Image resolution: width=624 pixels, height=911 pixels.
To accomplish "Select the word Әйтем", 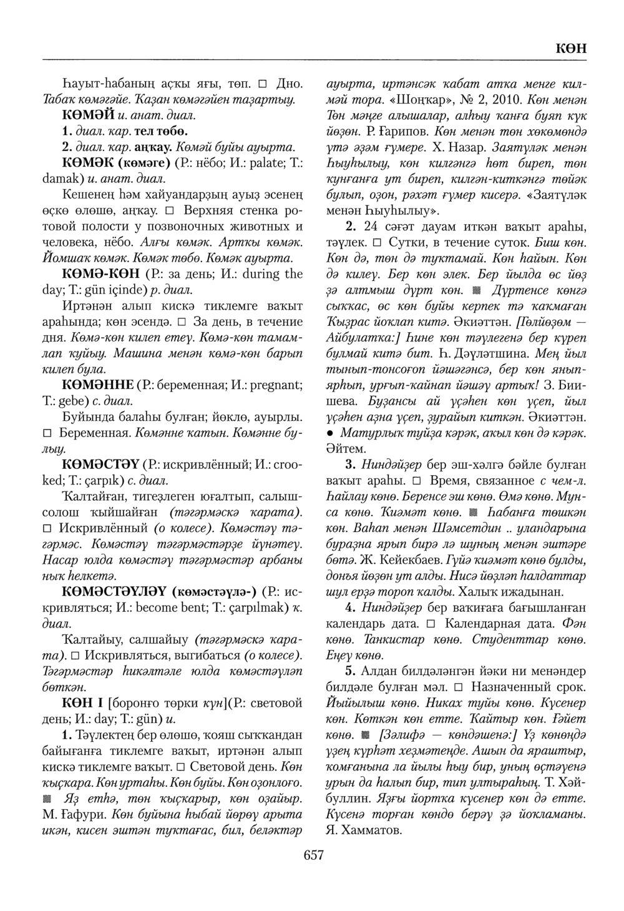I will coord(344,449).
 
